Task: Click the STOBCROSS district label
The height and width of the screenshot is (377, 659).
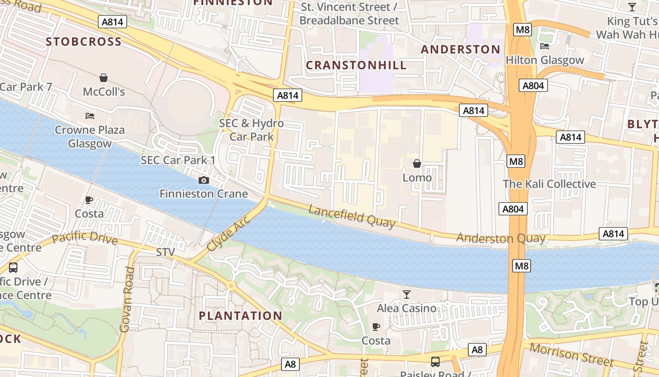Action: click(x=84, y=42)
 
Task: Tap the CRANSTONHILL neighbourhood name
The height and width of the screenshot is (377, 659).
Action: click(x=356, y=65)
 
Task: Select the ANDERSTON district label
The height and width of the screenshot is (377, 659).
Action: click(x=460, y=49)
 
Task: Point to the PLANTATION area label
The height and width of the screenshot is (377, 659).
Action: click(x=241, y=316)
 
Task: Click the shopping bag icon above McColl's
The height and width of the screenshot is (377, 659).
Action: click(x=104, y=78)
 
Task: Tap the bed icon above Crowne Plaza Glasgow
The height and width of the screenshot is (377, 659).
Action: click(x=89, y=116)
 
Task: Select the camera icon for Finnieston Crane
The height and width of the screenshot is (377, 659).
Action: click(x=203, y=180)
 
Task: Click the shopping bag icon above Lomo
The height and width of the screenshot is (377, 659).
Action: click(x=417, y=164)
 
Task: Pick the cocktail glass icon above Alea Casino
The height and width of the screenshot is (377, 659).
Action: click(x=407, y=295)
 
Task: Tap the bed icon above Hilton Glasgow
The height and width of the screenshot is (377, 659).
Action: click(x=545, y=46)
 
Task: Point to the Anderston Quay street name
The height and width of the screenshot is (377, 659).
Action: click(x=500, y=238)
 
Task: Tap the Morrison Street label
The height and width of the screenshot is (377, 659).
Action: click(x=572, y=354)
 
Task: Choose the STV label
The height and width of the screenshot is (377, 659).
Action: click(x=165, y=253)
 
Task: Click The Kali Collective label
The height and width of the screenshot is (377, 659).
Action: click(x=549, y=184)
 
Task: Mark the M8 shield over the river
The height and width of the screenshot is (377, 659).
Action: click(x=522, y=266)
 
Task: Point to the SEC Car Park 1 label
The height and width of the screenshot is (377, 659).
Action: click(x=178, y=160)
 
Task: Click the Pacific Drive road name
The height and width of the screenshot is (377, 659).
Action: click(x=85, y=238)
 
